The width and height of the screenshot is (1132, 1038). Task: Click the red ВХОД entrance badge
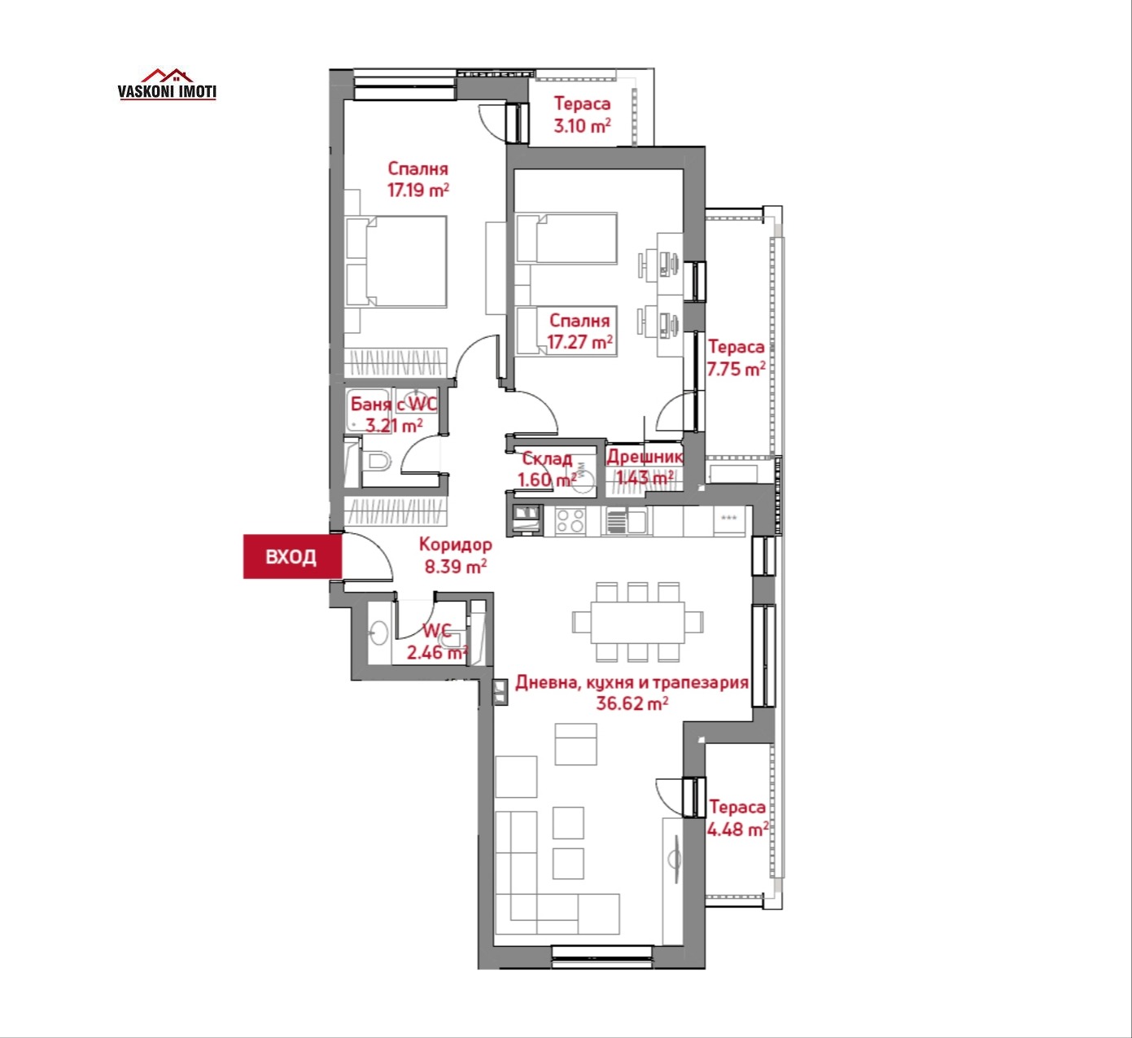click(292, 557)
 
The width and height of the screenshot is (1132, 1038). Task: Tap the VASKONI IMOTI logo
click(167, 85)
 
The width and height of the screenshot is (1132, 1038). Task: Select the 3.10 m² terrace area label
click(582, 125)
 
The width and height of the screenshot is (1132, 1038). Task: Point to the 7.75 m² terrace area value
click(736, 370)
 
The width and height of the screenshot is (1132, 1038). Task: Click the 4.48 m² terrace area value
click(737, 830)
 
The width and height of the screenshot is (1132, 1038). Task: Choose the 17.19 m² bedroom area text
click(418, 190)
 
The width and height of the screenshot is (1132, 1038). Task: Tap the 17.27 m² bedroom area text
click(579, 342)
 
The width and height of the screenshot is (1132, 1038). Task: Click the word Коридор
click(456, 545)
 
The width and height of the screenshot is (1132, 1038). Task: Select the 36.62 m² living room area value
click(632, 703)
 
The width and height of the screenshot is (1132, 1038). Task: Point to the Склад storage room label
click(547, 458)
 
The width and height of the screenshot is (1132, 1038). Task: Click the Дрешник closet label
click(645, 457)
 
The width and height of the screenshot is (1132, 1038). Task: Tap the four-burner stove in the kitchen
click(570, 521)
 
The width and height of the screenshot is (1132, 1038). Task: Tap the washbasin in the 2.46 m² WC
click(378, 633)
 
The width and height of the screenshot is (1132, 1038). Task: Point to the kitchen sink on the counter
click(627, 521)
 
